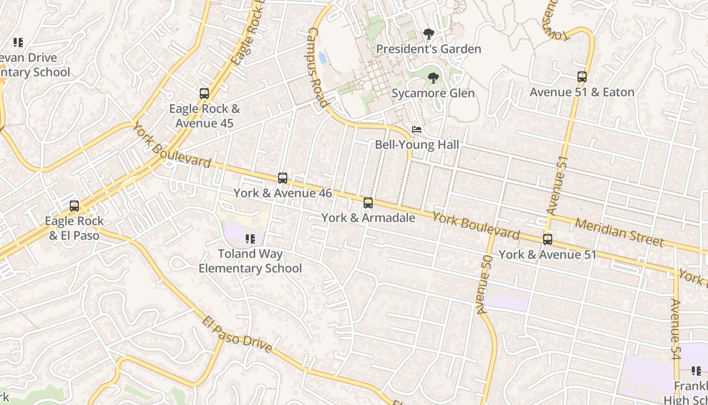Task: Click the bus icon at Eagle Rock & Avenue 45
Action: (204, 94)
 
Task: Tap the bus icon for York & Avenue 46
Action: (283, 178)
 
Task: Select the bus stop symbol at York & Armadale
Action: (368, 203)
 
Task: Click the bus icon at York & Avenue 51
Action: (548, 239)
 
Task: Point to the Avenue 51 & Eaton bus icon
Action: (582, 77)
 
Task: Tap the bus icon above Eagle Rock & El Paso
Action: (74, 206)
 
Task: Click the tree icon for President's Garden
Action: (429, 34)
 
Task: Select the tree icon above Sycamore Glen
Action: (433, 78)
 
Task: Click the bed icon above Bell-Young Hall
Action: (417, 130)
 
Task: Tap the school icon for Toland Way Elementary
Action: (250, 238)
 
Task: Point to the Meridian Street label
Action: (619, 232)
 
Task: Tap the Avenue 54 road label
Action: (676, 329)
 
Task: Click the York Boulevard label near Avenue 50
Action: (476, 226)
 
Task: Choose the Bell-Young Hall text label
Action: (417, 145)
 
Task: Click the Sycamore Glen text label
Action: (433, 93)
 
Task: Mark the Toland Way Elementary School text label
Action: (250, 261)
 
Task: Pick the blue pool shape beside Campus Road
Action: (322, 57)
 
